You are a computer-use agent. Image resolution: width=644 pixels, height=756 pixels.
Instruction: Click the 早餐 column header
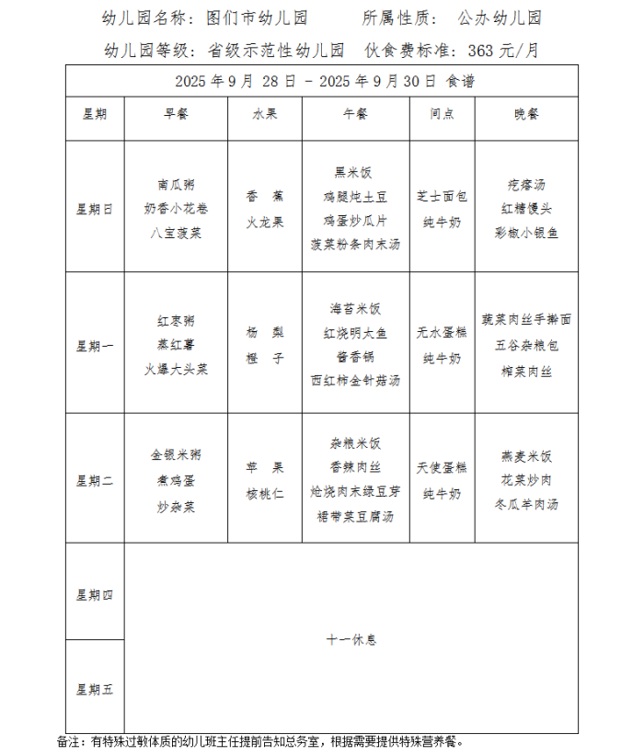coord(176,114)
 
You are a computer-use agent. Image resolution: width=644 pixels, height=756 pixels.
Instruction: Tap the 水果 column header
coord(265,114)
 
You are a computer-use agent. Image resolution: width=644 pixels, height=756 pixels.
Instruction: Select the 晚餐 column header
coord(527,114)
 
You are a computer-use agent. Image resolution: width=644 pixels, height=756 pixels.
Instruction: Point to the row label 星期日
coord(94,209)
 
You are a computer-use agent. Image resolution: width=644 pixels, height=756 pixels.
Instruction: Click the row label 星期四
coord(94,594)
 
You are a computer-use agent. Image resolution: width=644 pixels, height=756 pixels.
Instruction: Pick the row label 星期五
coord(94,689)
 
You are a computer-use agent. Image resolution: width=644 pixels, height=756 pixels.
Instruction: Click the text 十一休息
coord(351,639)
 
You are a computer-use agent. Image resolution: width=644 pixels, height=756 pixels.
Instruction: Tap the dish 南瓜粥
coord(176,184)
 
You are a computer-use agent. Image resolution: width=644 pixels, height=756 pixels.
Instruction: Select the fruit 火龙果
coord(265,222)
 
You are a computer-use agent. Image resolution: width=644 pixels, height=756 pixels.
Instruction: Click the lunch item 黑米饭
coord(355,172)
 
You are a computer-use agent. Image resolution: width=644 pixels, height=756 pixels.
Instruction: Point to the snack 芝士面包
coord(442,196)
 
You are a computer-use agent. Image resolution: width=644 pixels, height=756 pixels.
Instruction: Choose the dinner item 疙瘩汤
coord(527,184)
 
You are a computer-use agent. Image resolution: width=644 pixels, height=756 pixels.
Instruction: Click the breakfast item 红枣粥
coord(176,321)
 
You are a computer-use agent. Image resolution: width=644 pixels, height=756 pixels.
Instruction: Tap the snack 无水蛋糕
coord(442,333)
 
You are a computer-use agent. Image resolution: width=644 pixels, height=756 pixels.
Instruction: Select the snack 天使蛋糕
coord(442,468)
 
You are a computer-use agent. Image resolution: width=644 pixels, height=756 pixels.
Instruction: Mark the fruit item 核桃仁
coord(265,493)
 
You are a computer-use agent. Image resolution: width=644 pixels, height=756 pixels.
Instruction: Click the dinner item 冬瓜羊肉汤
coord(527,504)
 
